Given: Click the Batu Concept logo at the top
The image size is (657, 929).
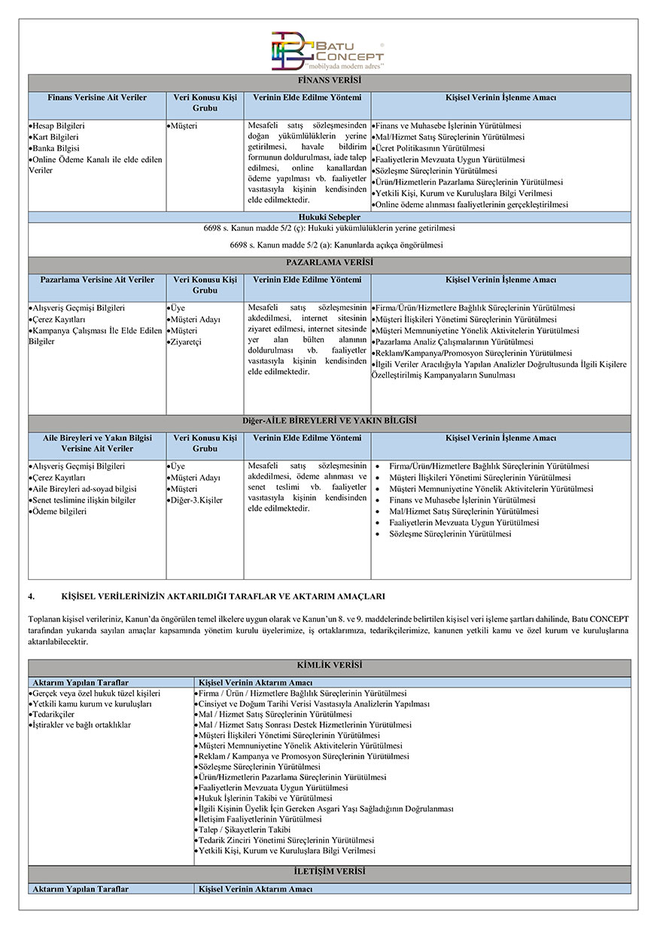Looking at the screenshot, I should tap(328, 50).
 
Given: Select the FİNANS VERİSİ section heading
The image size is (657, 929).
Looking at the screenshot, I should tap(329, 80).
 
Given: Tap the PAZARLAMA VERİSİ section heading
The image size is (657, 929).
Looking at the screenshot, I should tap(329, 263).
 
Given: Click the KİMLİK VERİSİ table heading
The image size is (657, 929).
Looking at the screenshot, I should tap(329, 666).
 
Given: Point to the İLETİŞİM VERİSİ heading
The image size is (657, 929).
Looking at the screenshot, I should tap(329, 871).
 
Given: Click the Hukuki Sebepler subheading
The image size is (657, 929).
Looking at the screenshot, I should tap(329, 217).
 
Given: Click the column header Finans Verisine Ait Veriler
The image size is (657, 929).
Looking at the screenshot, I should tap(97, 99).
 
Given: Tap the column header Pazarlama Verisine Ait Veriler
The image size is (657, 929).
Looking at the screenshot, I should tap(97, 281).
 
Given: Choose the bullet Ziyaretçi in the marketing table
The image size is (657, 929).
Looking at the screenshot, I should tap(185, 342).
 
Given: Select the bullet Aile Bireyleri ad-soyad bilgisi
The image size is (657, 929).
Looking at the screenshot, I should tap(84, 489).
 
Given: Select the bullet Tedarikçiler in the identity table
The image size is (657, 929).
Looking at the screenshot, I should tap(53, 713).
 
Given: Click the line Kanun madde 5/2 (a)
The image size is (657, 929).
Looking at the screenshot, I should tap(329, 245).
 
